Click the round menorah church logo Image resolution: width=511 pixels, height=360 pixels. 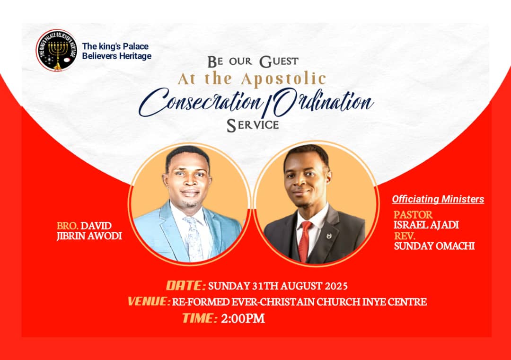(56, 50)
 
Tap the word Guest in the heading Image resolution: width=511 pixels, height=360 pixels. (279, 61)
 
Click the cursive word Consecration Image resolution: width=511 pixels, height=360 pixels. (201, 102)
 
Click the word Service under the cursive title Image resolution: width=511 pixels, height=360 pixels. (253, 125)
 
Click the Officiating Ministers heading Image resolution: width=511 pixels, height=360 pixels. (438, 199)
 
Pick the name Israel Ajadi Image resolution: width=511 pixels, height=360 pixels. (426, 225)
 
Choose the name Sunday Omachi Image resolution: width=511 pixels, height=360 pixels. (434, 246)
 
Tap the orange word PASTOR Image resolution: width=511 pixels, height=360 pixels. (413, 215)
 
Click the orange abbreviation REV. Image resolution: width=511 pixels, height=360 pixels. (405, 236)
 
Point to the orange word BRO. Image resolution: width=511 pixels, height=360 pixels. (68, 226)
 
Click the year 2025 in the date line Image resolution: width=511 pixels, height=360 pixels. (336, 286)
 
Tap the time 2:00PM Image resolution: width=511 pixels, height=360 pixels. (243, 318)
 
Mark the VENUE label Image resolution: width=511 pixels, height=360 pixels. (149, 301)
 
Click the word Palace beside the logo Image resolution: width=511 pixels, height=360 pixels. (136, 46)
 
